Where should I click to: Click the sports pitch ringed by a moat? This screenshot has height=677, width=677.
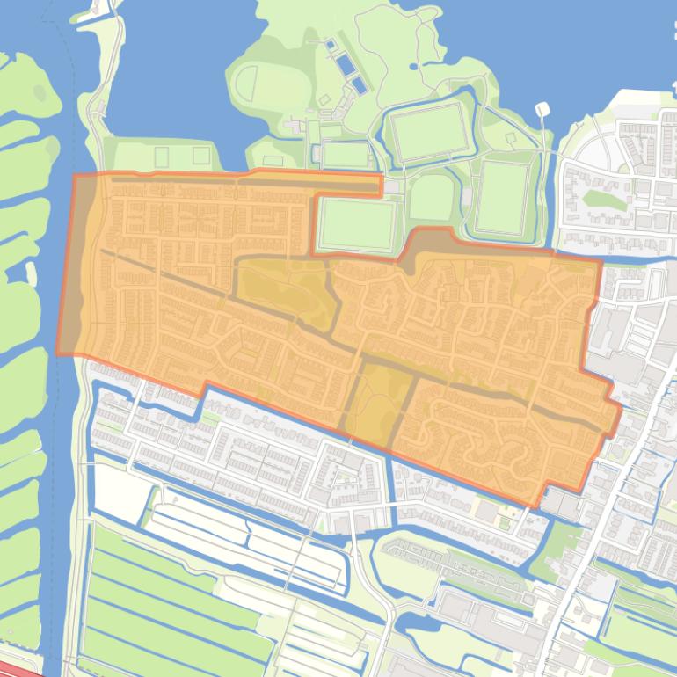[x=429, y=134]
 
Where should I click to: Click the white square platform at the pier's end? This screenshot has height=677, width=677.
[x=542, y=109]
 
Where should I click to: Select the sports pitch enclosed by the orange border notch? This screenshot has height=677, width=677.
[x=355, y=224]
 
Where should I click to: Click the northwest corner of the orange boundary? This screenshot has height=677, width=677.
[x=74, y=176]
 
